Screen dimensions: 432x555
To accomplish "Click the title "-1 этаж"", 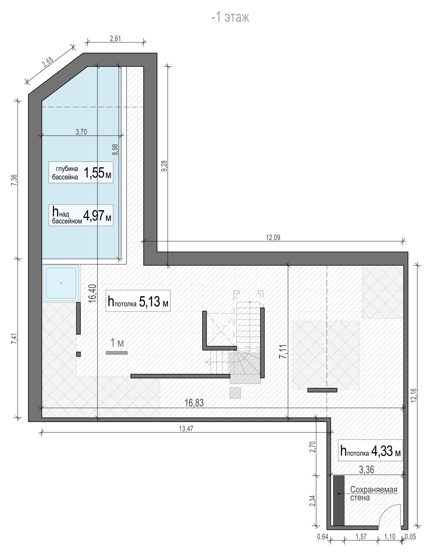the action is coord(230,17).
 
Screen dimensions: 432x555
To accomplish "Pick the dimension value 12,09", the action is coord(273,238).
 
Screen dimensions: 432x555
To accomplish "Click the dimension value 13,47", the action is coord(186,429).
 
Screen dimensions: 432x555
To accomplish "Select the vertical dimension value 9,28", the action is coord(165,166).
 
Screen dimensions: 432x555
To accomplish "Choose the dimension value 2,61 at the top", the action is coord(115,39).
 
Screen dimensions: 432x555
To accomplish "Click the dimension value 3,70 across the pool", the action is coord(81,132).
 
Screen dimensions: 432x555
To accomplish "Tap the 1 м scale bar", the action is coord(117,353).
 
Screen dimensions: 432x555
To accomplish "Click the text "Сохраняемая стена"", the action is coord(374,494).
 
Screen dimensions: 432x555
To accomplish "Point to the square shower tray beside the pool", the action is coord(61,283).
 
